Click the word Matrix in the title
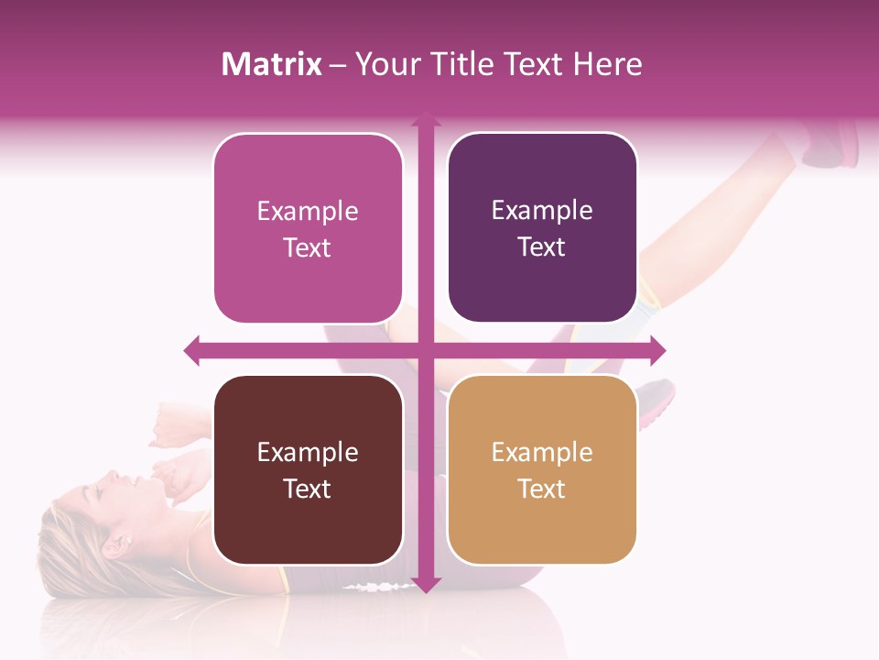(x=272, y=64)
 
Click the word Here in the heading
(x=608, y=64)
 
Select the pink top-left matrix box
(x=308, y=229)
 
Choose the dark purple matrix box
(x=542, y=228)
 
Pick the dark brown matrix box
(x=308, y=470)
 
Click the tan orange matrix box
(x=542, y=469)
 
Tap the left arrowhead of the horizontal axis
(x=192, y=350)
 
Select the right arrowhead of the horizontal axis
(x=657, y=350)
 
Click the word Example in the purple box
(x=542, y=211)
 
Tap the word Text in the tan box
(x=542, y=489)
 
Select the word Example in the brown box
(x=308, y=452)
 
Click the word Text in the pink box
(x=308, y=248)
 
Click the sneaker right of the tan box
(x=656, y=403)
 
